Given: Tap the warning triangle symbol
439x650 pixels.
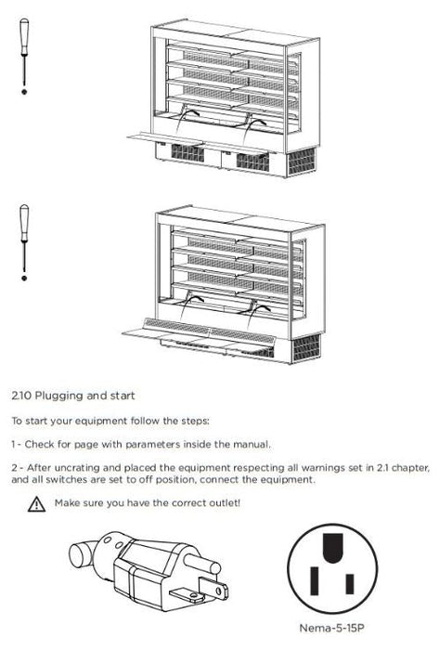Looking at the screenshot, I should pos(36,504).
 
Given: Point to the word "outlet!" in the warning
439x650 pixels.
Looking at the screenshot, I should pos(224,502).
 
